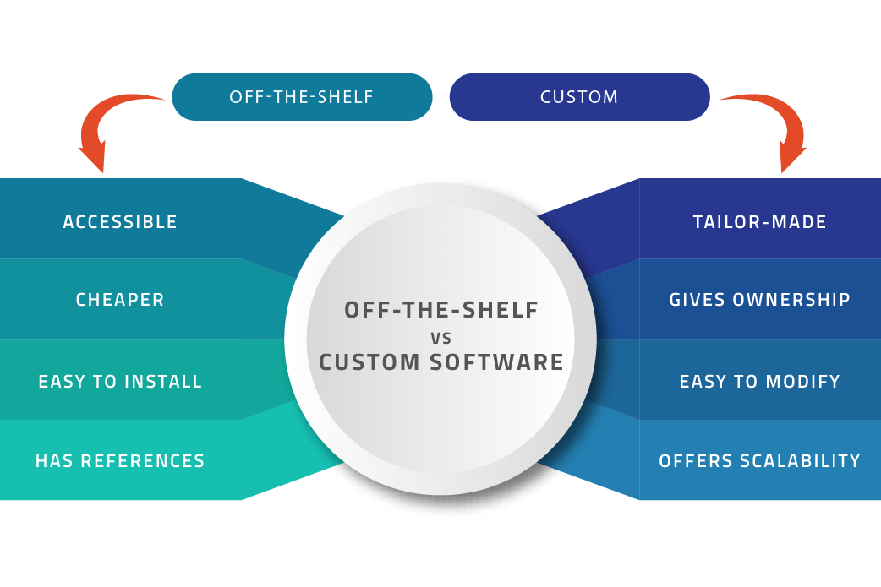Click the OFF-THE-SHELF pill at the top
302,97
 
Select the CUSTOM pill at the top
579,97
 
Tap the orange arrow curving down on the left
110,127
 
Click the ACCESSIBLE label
120,222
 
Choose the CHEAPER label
120,300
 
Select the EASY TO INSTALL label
120,382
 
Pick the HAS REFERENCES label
120,461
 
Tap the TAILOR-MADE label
759,222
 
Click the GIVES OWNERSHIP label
759,300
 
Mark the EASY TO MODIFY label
759,382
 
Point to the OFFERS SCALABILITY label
759,461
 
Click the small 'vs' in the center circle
441,337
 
